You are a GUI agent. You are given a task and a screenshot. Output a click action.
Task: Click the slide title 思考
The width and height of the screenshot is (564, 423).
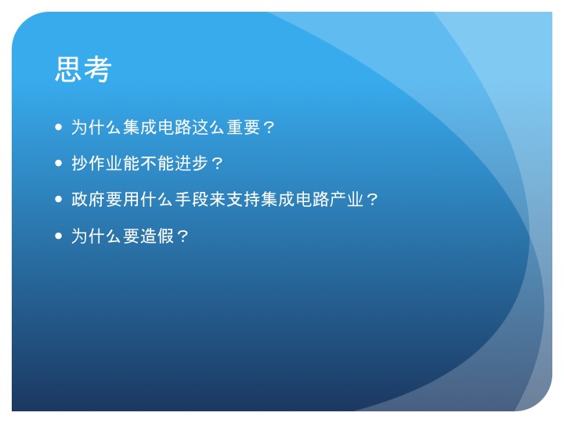83,69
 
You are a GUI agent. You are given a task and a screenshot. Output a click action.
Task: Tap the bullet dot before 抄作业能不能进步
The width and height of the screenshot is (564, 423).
59,163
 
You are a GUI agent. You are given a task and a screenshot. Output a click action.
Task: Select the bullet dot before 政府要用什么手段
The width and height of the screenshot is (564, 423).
59,199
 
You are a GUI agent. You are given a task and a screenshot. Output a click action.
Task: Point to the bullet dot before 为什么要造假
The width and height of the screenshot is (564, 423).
59,236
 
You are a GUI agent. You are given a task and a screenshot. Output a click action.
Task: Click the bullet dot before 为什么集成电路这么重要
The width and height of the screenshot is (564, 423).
59,127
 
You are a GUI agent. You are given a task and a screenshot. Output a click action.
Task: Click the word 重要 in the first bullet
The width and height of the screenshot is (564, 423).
244,127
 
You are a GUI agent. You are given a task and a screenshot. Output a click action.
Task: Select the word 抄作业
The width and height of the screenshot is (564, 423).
97,163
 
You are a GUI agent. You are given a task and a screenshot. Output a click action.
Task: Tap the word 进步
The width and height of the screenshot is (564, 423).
192,163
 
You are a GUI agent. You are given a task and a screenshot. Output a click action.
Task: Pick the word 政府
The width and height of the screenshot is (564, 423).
88,199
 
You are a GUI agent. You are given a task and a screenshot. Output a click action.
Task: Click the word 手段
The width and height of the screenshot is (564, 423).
192,199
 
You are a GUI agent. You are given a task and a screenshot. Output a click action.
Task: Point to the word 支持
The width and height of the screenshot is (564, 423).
244,199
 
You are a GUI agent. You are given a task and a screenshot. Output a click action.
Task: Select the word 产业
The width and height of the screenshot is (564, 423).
347,199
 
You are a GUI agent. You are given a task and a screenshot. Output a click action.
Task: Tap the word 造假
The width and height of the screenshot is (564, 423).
157,236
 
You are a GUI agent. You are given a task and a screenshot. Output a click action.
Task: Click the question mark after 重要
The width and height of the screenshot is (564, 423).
269,128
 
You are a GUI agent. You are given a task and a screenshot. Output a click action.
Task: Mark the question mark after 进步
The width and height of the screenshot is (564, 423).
217,164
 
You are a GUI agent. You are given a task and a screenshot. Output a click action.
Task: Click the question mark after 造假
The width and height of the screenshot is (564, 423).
183,237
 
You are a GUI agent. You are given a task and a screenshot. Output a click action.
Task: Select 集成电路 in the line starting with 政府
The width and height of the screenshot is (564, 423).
295,199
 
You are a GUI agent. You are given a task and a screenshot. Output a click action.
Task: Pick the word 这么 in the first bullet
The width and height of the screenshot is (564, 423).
209,127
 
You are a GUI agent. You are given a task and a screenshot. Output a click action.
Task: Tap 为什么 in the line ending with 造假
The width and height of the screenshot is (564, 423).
97,236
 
